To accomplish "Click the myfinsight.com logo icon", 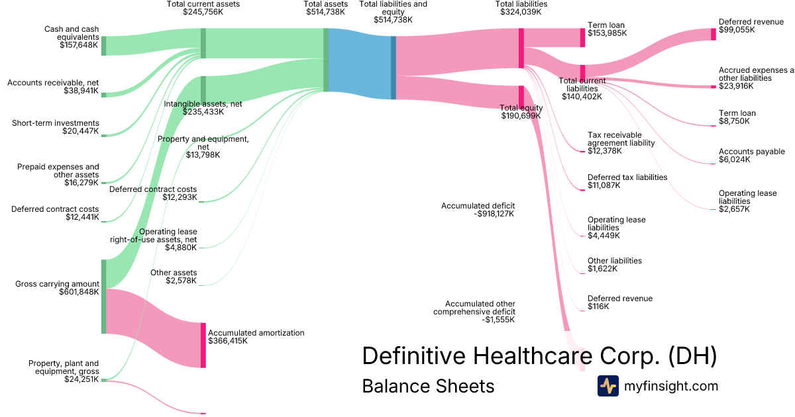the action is (608, 386).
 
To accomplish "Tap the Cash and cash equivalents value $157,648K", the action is (79, 45).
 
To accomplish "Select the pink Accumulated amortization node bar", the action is (203, 345).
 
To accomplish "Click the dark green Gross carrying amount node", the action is (103, 297).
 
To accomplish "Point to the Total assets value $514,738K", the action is (325, 12).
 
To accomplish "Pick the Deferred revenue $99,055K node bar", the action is (714, 34).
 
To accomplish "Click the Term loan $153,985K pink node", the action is (582, 38).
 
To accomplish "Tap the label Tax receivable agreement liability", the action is (621, 139).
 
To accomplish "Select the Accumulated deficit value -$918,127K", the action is (494, 214).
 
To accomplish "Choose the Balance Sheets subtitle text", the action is (428, 386).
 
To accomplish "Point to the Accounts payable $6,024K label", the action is (752, 156).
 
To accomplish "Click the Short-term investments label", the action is (56, 123).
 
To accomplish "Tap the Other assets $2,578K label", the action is (174, 277).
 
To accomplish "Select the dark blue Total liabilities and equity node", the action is (394, 68).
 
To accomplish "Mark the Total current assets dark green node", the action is (203, 43).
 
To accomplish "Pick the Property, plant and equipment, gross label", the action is (64, 367).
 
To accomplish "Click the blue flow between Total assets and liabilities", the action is (360, 64).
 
